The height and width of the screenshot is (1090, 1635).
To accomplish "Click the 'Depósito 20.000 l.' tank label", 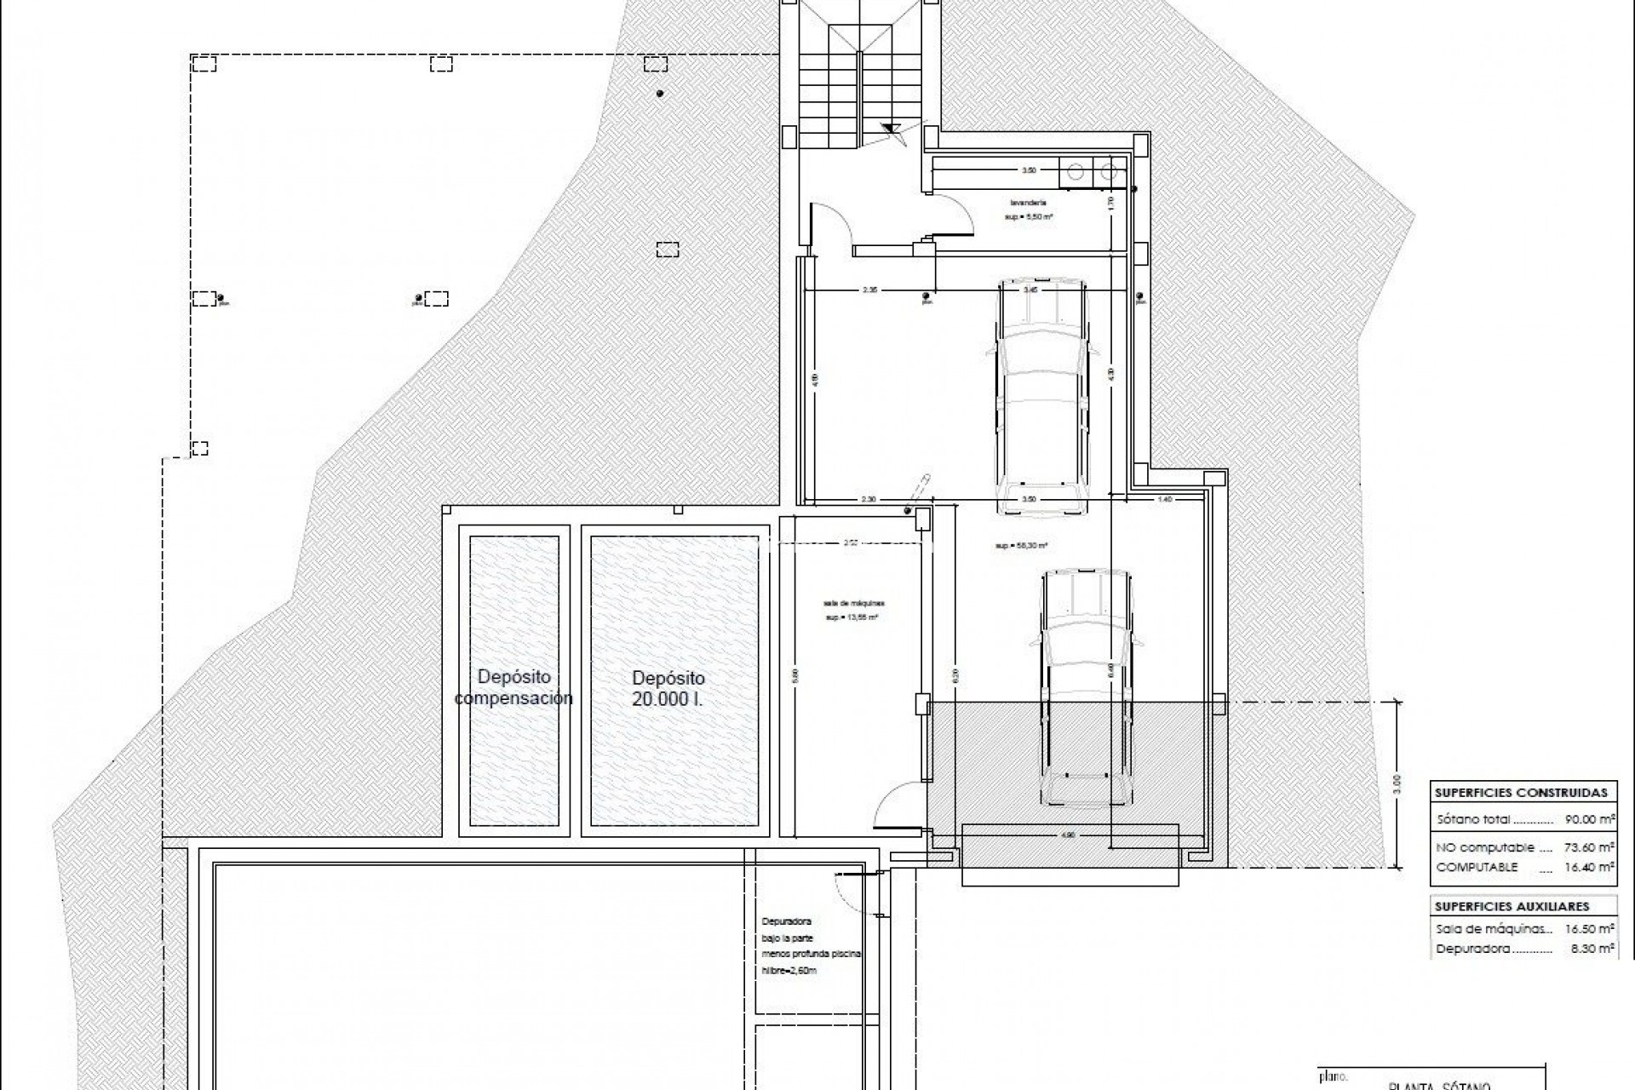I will (x=668, y=689).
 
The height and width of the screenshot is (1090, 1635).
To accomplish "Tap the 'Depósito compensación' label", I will (x=513, y=687).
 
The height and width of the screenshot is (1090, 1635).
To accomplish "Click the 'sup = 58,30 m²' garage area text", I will (x=1020, y=545).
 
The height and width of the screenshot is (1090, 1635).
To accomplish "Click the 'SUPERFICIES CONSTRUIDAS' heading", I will (x=1520, y=792).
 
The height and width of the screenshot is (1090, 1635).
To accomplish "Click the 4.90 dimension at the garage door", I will (x=1070, y=835).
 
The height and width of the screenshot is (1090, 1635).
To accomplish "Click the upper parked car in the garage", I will (x=1043, y=396).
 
